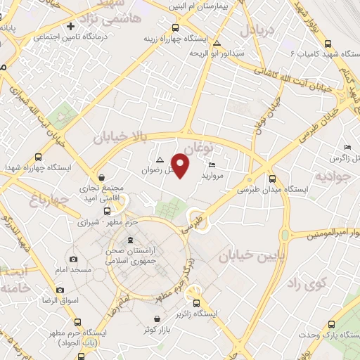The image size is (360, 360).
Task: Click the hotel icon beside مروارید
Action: click(x=212, y=165)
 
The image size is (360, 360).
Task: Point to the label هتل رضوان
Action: click(x=156, y=169)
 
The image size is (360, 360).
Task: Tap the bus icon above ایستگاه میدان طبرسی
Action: click(x=272, y=179)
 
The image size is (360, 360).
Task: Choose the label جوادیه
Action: click(x=331, y=175)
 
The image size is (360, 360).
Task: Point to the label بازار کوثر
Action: click(x=159, y=329)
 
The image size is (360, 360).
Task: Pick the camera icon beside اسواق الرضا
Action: click(x=60, y=290)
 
